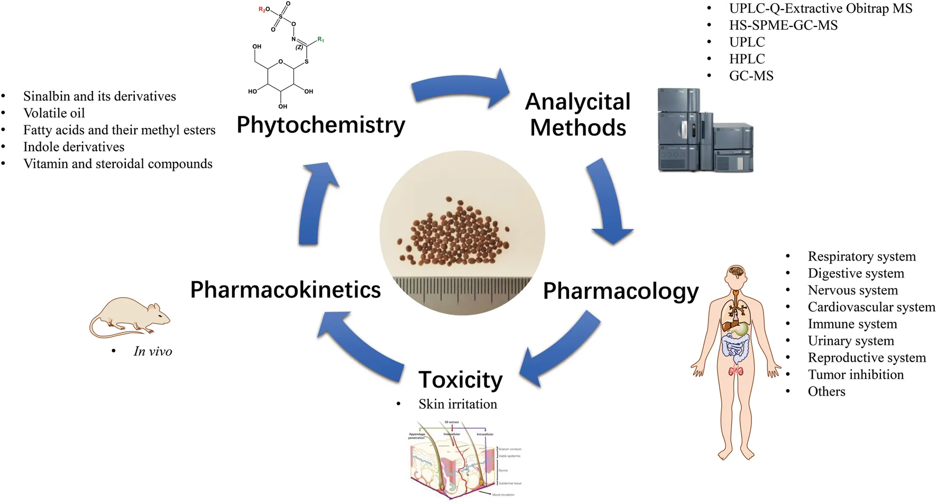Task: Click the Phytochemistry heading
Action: pyautogui.click(x=320, y=125)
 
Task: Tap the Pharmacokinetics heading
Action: pyautogui.click(x=285, y=290)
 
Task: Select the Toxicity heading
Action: pyautogui.click(x=460, y=380)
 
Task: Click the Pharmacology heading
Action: pyautogui.click(x=620, y=291)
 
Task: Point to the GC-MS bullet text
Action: pyautogui.click(x=751, y=76)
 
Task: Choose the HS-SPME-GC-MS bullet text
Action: pyautogui.click(x=783, y=25)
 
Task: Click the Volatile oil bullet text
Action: pyautogui.click(x=54, y=113)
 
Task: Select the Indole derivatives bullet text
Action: pyautogui.click(x=74, y=147)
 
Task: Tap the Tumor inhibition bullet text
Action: pyautogui.click(x=855, y=375)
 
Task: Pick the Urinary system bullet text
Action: pyautogui.click(x=850, y=341)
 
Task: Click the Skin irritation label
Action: pyautogui.click(x=457, y=405)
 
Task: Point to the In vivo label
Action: pyautogui.click(x=153, y=352)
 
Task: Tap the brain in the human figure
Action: pyautogui.click(x=736, y=272)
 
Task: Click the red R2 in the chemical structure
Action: pyautogui.click(x=262, y=10)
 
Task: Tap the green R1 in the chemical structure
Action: pyautogui.click(x=320, y=40)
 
